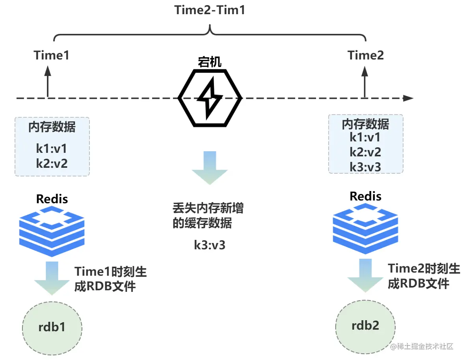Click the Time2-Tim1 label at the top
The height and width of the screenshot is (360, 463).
click(210, 10)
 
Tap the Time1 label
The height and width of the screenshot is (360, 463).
click(52, 56)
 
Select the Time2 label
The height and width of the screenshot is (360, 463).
click(365, 56)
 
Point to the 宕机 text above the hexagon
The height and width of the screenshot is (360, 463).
click(210, 62)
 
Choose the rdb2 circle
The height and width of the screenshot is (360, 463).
click(365, 326)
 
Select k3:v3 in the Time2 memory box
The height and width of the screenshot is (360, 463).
click(365, 167)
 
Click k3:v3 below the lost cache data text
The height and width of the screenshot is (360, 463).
click(210, 245)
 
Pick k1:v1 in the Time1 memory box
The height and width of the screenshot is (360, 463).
click(52, 149)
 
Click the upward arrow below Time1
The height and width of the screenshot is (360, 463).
click(48, 81)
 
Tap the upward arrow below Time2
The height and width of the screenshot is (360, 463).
click(365, 81)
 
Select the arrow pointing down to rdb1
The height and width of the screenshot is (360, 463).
click(52, 278)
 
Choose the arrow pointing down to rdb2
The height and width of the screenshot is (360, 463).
click(365, 276)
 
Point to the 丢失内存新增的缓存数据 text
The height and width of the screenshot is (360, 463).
click(208, 216)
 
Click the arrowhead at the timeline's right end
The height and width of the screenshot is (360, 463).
click(409, 98)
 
